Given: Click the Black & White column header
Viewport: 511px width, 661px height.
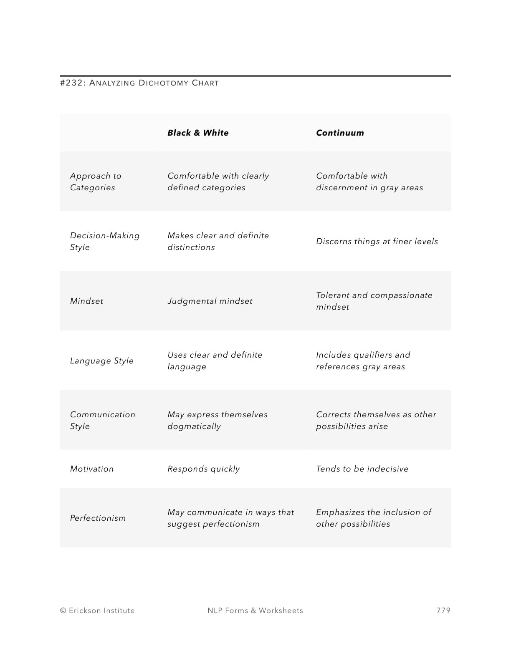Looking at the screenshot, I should pos(198,133).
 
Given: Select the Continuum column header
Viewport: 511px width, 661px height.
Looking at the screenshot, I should pos(340,133).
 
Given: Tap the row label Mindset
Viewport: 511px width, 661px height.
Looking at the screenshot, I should pos(86,301).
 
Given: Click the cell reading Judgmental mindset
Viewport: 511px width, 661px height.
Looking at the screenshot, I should pos(210,301).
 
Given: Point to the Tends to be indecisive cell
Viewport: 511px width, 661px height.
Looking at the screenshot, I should pos(362,469).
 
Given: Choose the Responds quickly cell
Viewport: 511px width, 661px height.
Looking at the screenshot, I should pos(204,469).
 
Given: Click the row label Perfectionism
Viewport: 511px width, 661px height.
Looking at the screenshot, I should pos(98,518).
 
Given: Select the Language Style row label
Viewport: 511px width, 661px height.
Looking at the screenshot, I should pos(102,361).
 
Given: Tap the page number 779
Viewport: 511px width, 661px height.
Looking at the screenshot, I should pos(443,611).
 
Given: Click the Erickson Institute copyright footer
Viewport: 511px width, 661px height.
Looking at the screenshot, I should pos(97,611).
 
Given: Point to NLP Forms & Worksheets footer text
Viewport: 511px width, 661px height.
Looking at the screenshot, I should pos(255,611).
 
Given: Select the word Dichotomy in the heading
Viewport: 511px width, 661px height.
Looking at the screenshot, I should pos(164,83).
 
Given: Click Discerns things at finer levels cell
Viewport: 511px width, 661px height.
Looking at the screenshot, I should pos(377,241).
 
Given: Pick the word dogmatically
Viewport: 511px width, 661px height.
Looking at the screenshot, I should pos(194,426).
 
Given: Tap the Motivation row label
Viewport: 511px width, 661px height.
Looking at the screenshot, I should pos(92,469).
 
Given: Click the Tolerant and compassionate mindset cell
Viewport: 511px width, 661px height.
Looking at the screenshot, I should pos(374,301).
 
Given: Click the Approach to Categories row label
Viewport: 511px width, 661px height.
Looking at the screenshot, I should pos(96,182).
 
